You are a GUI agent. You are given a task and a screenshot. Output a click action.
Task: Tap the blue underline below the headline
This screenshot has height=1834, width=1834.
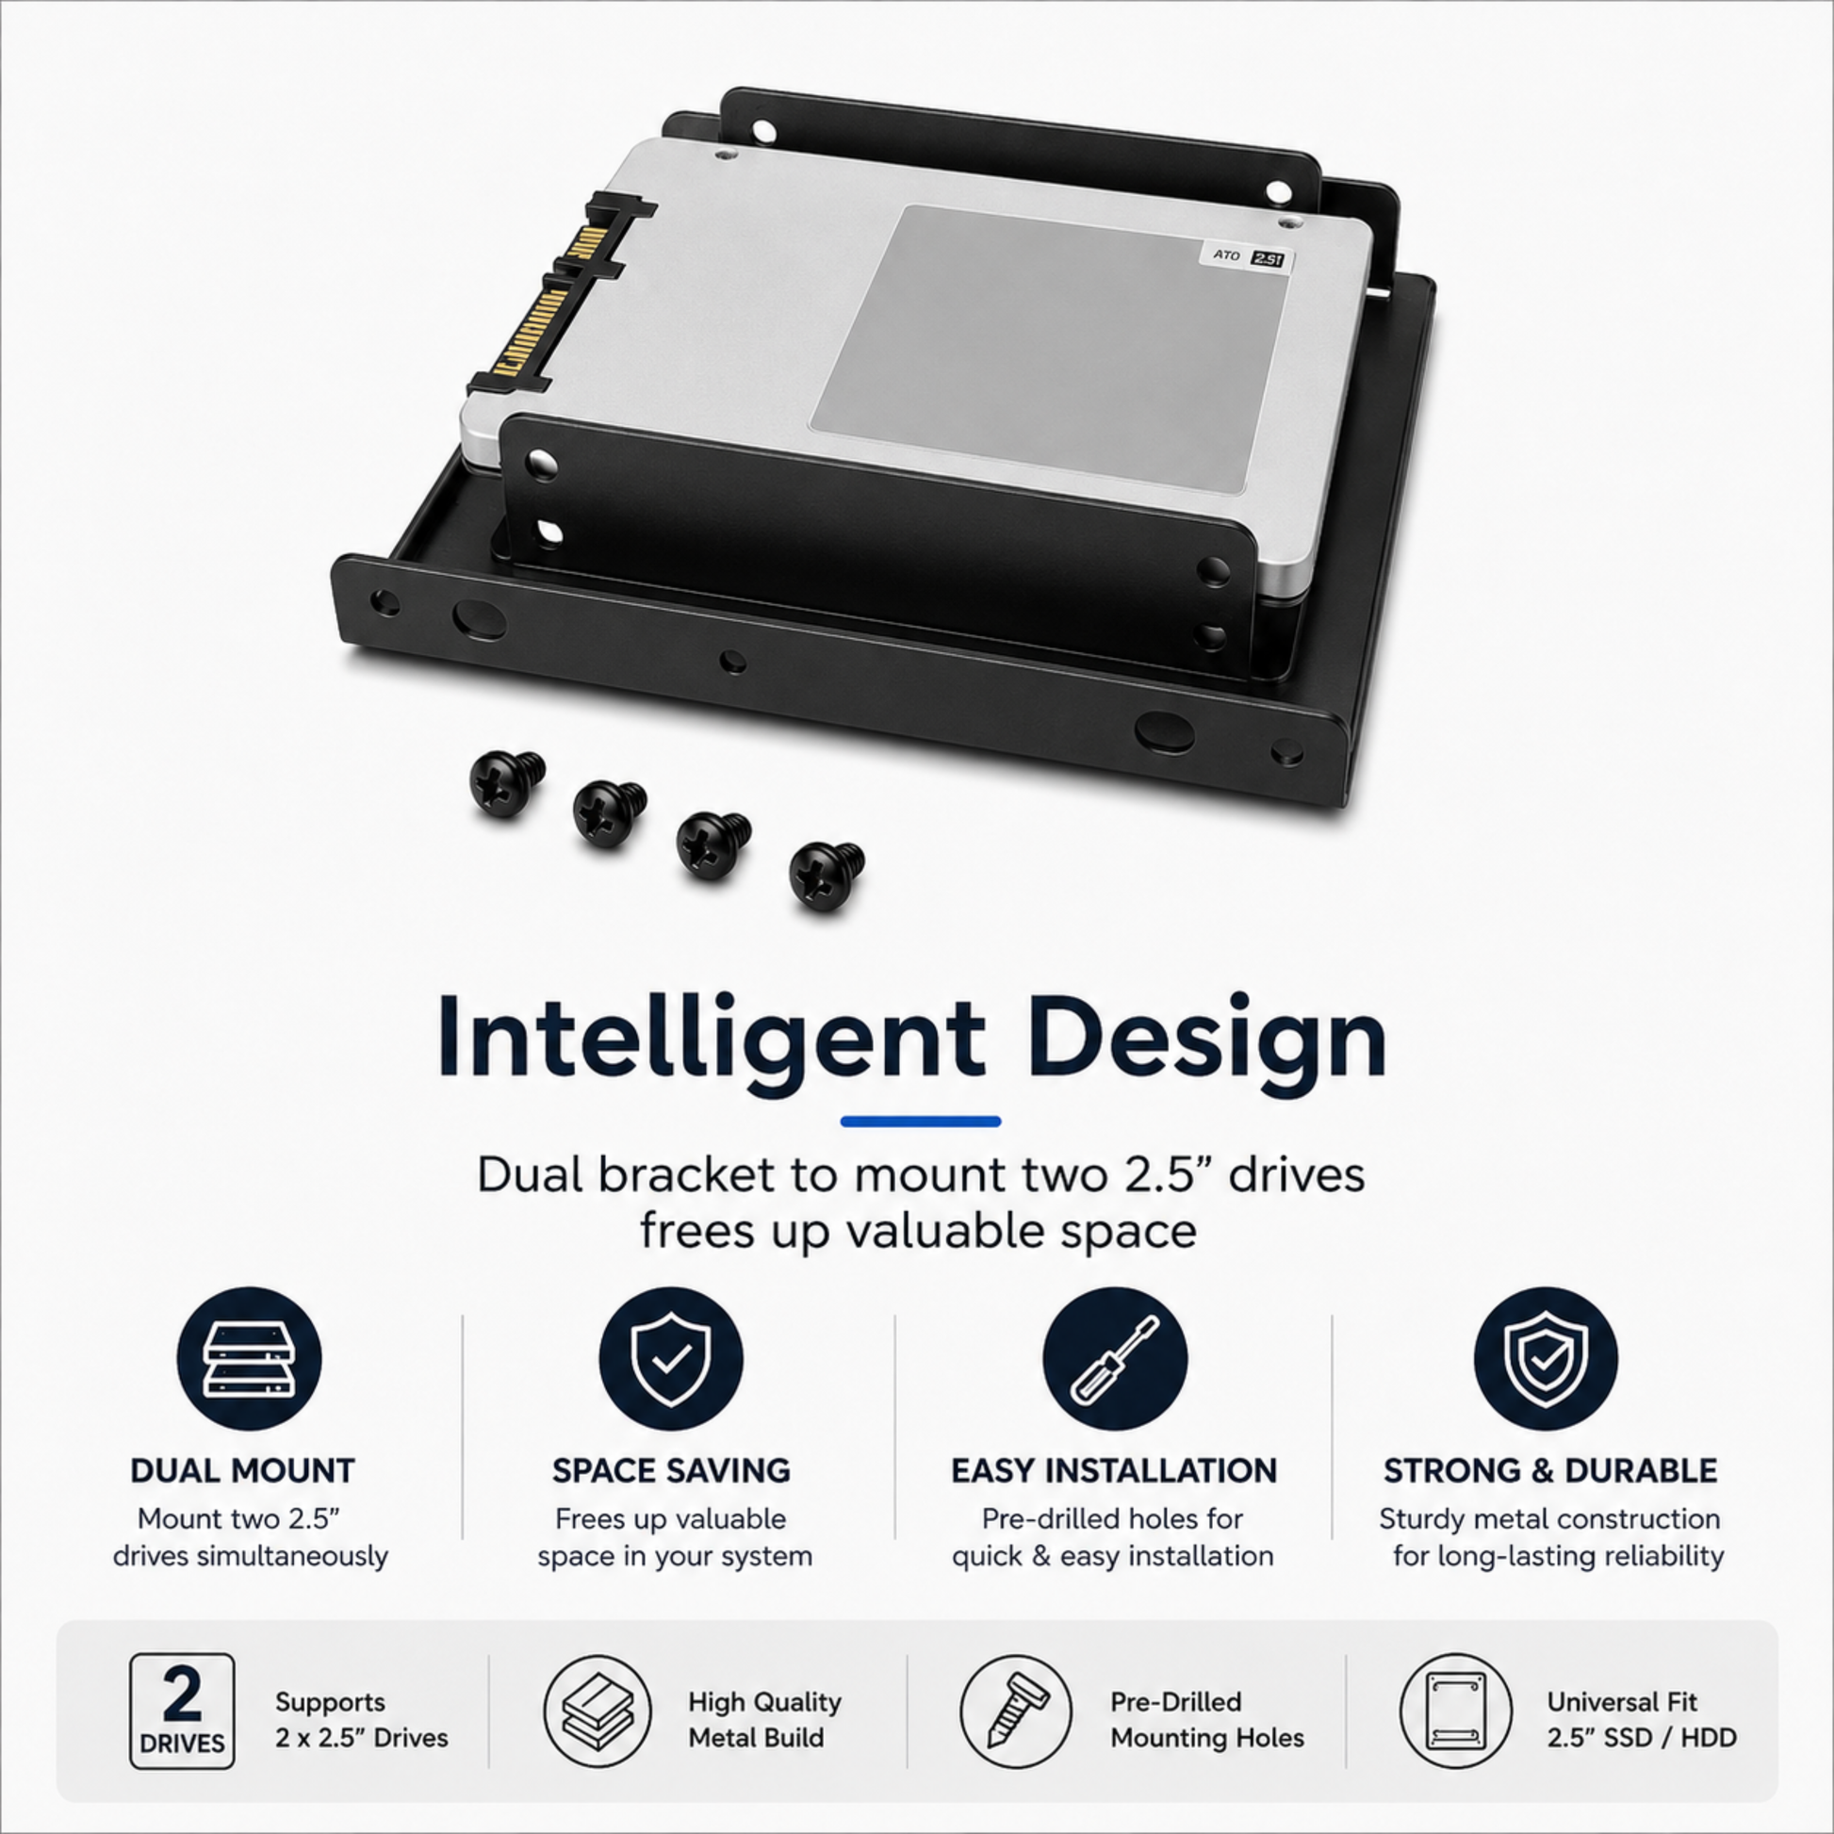[x=920, y=1122]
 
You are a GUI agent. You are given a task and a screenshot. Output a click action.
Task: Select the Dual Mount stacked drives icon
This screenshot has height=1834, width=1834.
[x=249, y=1358]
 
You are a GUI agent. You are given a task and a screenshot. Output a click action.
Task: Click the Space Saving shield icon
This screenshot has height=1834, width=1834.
[x=670, y=1358]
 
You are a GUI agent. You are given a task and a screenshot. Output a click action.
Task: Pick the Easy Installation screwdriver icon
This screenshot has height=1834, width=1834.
[x=1115, y=1358]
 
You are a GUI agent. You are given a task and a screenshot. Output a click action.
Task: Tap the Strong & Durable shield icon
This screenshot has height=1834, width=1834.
[x=1546, y=1358]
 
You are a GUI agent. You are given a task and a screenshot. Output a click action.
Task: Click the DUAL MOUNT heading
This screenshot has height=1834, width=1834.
[x=242, y=1471]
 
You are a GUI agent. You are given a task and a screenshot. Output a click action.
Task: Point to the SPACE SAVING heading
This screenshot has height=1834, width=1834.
[x=671, y=1471]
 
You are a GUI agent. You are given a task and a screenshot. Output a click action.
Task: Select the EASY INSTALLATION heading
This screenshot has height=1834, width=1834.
[x=1114, y=1471]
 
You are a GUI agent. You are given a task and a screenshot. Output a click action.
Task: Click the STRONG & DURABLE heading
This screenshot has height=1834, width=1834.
[x=1550, y=1471]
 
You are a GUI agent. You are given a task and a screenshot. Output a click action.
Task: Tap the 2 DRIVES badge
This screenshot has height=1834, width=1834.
[x=181, y=1711]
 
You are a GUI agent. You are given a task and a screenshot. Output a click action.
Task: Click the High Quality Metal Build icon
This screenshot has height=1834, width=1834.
[x=598, y=1711]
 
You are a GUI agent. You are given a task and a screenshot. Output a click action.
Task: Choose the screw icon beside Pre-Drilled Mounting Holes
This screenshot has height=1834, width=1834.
[x=1015, y=1711]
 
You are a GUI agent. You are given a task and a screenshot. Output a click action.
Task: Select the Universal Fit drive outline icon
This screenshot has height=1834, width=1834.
[x=1455, y=1711]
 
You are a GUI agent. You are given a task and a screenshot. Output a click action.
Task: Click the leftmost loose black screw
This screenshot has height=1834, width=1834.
[x=507, y=782]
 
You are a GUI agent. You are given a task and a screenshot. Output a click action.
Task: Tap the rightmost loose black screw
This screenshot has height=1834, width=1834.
[x=826, y=876]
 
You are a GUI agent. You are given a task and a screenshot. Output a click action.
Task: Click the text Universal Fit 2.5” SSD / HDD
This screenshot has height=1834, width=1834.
[x=1642, y=1719]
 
